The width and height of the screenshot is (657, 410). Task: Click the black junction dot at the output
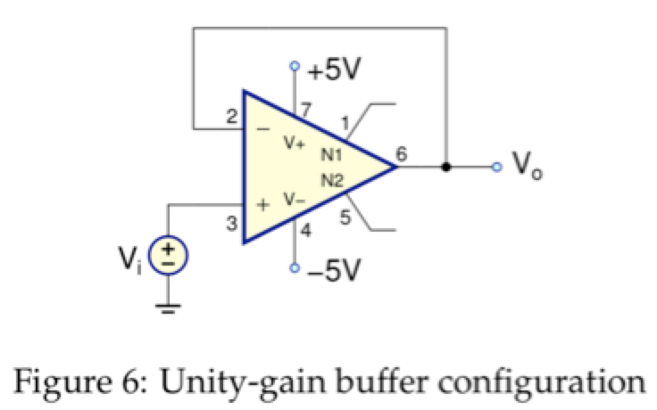[x=445, y=167]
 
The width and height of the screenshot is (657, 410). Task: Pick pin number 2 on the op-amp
[x=231, y=117]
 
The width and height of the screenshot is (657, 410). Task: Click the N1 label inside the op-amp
[x=331, y=154]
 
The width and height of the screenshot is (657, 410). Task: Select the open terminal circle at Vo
[x=497, y=167]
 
